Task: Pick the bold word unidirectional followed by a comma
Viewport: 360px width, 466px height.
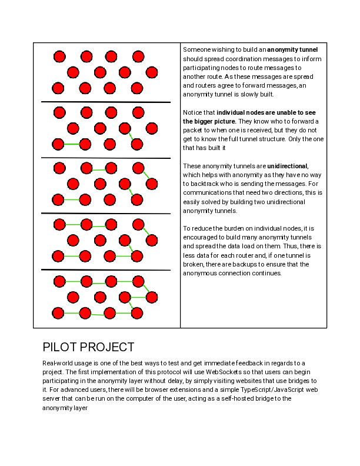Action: [x=287, y=166]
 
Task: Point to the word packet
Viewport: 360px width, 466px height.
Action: [x=194, y=129]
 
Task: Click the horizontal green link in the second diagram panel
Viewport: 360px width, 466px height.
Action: [x=71, y=144]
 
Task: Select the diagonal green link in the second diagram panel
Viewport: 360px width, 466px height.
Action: [x=132, y=136]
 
